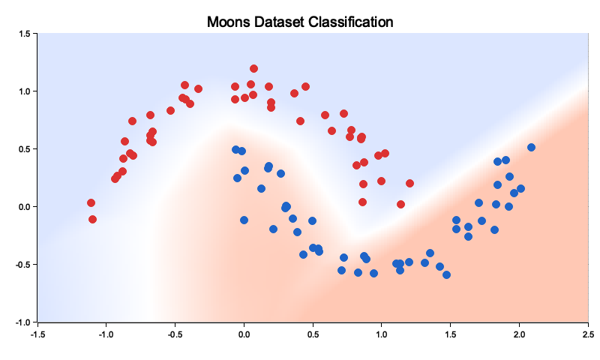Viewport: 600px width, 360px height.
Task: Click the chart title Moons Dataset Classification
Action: (x=300, y=22)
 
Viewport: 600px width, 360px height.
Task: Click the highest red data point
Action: (x=253, y=69)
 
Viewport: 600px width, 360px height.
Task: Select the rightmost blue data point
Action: (x=531, y=147)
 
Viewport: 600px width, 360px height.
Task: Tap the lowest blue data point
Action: (x=446, y=274)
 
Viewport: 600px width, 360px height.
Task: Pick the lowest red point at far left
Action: (x=92, y=219)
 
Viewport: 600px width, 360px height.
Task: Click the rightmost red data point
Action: (x=409, y=183)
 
